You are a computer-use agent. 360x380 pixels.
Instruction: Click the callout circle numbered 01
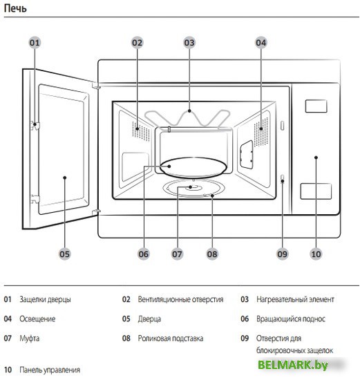35,43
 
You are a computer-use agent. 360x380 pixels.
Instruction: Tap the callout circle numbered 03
189,43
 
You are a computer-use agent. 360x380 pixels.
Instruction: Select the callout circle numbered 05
65,254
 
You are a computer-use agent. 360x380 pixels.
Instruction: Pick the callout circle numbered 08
212,254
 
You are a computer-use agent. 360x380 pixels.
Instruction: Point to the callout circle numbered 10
316,254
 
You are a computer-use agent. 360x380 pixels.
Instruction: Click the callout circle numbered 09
283,254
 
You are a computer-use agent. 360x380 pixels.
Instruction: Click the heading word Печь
15,8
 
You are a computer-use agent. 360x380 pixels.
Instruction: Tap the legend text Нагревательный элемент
295,300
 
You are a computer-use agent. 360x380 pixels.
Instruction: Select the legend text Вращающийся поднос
291,319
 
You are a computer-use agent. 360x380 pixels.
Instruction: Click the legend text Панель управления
50,370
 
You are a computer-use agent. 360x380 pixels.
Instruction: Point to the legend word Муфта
29,339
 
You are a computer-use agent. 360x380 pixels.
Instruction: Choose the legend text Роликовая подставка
171,339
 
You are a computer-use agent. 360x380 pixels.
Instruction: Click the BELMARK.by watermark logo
293,365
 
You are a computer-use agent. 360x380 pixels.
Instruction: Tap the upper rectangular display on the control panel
316,106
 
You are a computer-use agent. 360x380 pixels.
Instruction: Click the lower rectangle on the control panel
316,191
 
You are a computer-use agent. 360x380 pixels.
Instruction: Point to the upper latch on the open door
35,125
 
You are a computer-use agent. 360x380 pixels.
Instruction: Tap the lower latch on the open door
35,199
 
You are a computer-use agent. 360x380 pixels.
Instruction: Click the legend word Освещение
37,319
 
